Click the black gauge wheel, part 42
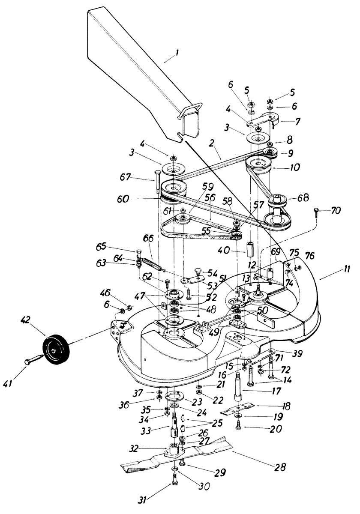click(56, 350)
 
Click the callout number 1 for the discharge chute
click(177, 54)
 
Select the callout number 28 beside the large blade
click(280, 466)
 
